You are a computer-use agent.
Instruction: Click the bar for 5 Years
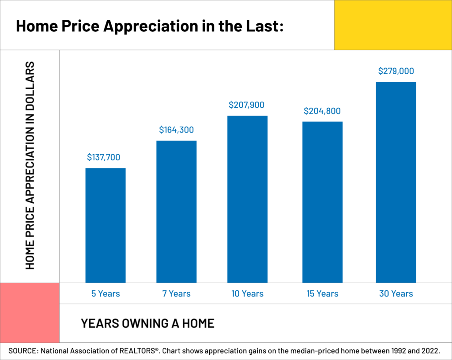pyautogui.click(x=105, y=225)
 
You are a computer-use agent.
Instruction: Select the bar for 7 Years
pyautogui.click(x=177, y=212)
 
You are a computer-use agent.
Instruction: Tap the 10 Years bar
pyautogui.click(x=248, y=199)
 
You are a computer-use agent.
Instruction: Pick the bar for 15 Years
pyautogui.click(x=322, y=202)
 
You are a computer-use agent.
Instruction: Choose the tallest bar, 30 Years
pyautogui.click(x=396, y=182)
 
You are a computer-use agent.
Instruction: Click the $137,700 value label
pyautogui.click(x=103, y=157)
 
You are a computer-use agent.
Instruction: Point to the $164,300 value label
pyautogui.click(x=177, y=130)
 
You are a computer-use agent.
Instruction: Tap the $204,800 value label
pyautogui.click(x=322, y=111)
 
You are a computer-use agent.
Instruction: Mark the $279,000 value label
pyautogui.click(x=396, y=71)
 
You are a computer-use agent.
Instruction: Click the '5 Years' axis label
pyautogui.click(x=105, y=293)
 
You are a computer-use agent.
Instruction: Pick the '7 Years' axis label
pyautogui.click(x=177, y=293)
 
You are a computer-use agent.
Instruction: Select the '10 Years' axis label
pyautogui.click(x=248, y=293)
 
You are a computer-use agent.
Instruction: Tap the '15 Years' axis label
pyautogui.click(x=322, y=293)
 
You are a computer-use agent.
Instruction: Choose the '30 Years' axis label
pyautogui.click(x=396, y=293)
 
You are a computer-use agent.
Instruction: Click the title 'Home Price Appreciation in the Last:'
pyautogui.click(x=149, y=26)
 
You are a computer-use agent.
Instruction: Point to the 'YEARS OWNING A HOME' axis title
pyautogui.click(x=147, y=323)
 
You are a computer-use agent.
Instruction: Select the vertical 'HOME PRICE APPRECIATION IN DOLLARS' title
pyautogui.click(x=30, y=166)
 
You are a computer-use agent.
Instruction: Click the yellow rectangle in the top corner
pyautogui.click(x=393, y=25)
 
